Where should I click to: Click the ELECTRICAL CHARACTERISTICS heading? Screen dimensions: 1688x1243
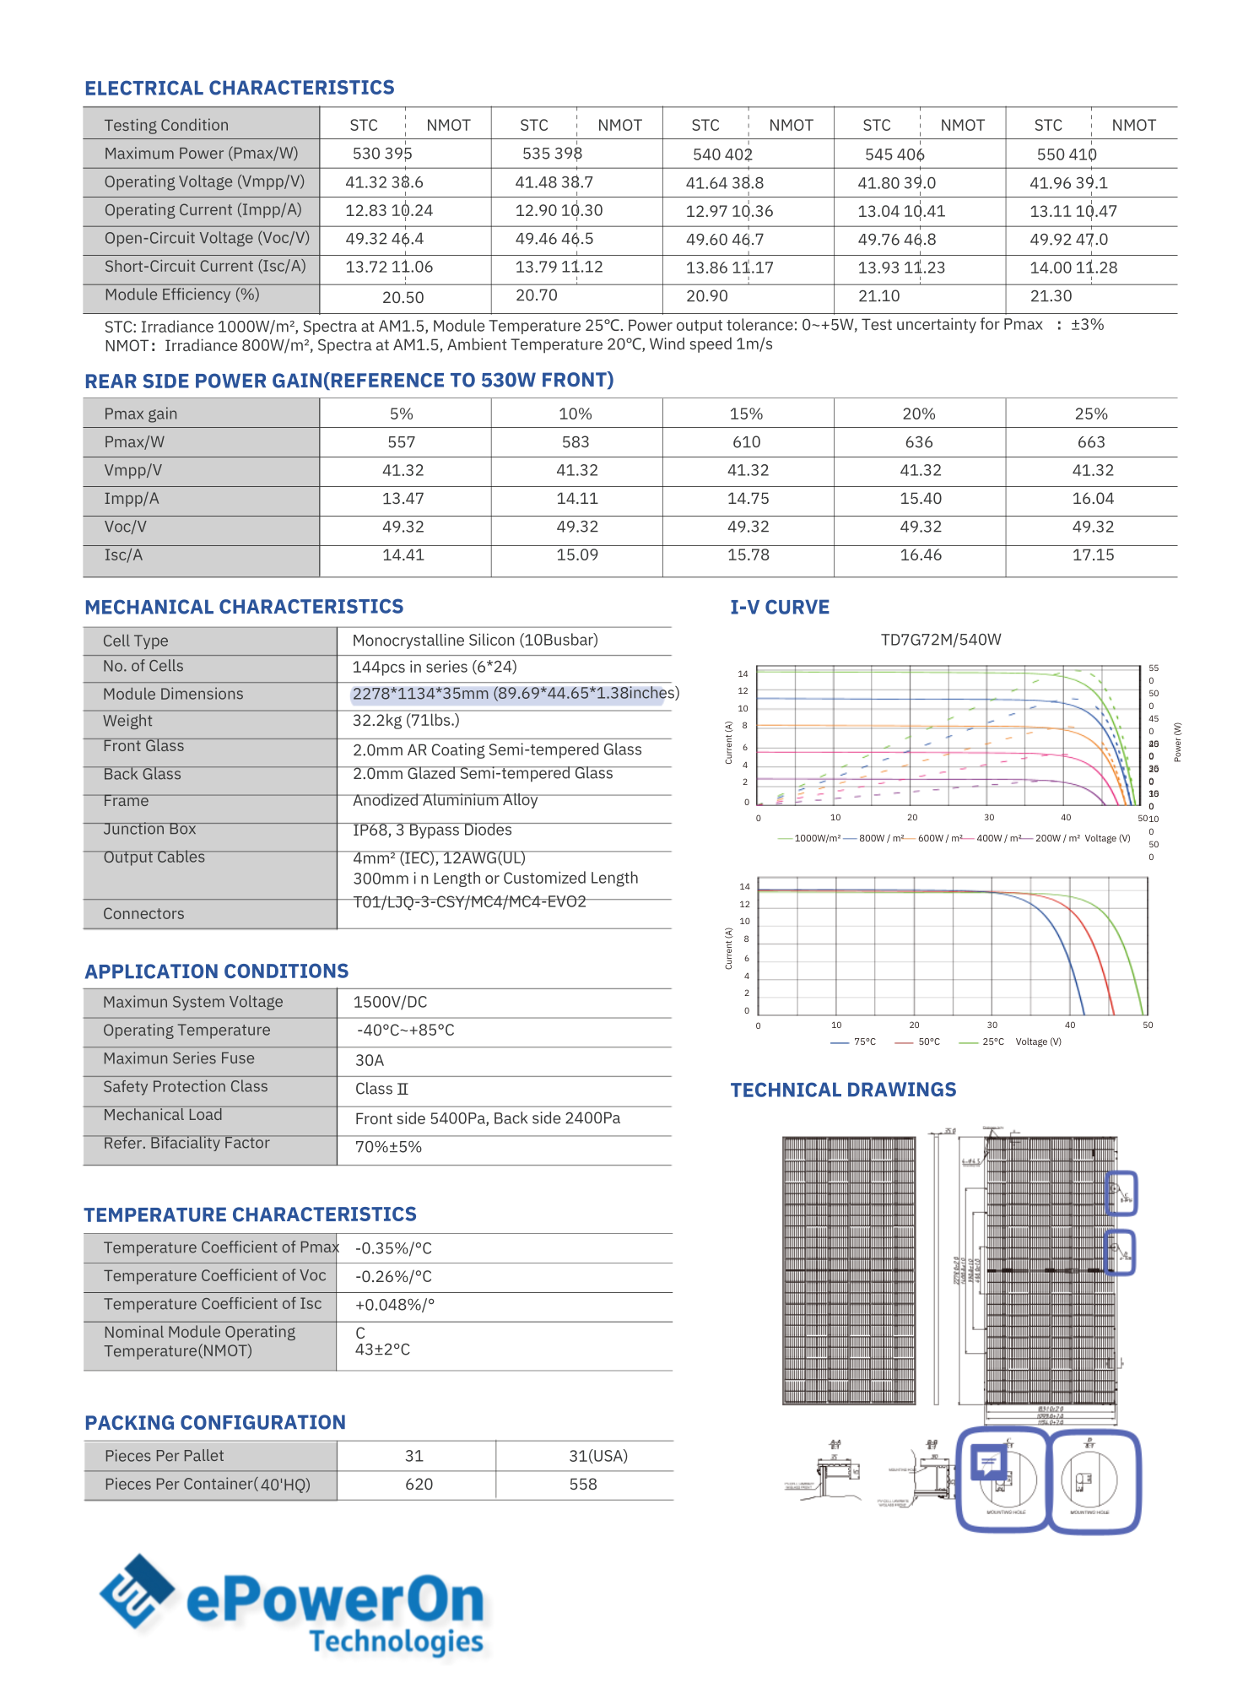[240, 88]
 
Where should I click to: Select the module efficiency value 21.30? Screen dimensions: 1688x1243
[1051, 296]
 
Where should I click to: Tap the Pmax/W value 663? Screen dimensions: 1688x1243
[1091, 442]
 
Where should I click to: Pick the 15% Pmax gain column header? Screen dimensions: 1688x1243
[746, 414]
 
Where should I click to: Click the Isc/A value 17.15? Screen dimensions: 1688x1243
[1093, 555]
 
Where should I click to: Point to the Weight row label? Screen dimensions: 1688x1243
[127, 721]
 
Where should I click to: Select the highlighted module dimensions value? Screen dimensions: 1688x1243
[515, 694]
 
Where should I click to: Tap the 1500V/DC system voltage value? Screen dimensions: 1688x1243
[390, 1002]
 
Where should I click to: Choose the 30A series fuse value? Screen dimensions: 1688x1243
[370, 1060]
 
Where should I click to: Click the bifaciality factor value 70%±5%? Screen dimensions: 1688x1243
[388, 1147]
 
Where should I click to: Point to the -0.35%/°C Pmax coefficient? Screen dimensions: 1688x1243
[393, 1248]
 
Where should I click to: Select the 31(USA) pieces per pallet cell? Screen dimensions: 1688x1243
[598, 1456]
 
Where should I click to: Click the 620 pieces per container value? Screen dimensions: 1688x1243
[419, 1485]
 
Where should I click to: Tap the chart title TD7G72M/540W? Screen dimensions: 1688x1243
[941, 640]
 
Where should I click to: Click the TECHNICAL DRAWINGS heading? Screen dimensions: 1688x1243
[843, 1090]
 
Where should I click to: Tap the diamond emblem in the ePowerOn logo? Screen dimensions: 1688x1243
[137, 1592]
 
